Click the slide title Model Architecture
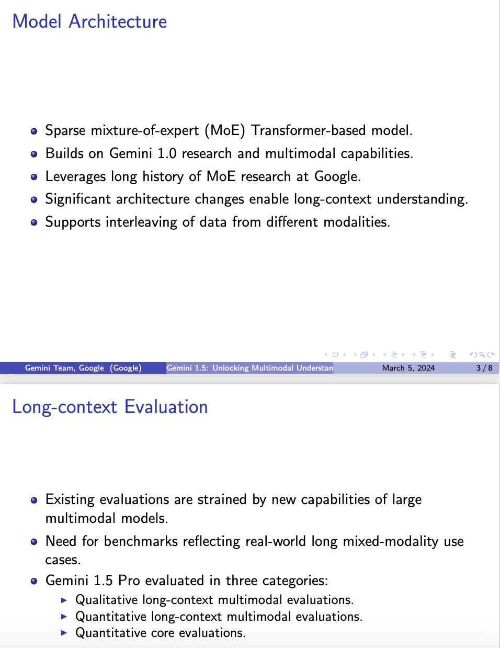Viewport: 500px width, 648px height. [x=89, y=21]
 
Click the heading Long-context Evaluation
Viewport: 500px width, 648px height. [x=110, y=407]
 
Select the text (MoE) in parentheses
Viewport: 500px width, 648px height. [x=225, y=130]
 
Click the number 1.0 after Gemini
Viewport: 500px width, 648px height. [x=167, y=153]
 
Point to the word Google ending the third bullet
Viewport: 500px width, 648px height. [x=337, y=176]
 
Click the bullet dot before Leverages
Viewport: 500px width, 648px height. [x=34, y=177]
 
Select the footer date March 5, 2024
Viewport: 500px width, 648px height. [x=408, y=368]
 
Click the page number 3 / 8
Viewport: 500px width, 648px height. [x=484, y=368]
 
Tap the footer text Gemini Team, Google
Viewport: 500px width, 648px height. [x=64, y=368]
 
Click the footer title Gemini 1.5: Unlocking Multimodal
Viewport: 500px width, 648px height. [x=249, y=368]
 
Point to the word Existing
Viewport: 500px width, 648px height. [x=70, y=499]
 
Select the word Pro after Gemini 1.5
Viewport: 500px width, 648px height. [x=129, y=580]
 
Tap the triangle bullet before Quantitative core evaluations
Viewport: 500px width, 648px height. [x=64, y=633]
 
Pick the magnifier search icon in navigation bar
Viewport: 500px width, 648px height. [x=482, y=355]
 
